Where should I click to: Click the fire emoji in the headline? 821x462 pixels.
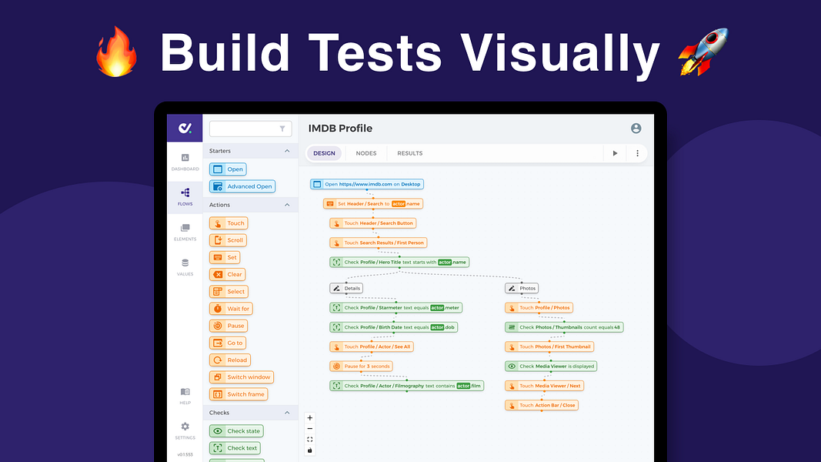pos(117,53)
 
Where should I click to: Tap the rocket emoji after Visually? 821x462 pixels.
pos(702,52)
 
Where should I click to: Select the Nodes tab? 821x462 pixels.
pos(366,153)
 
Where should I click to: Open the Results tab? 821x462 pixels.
pos(409,153)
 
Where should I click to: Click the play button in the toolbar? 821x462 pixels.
pos(615,153)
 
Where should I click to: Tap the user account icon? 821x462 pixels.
pos(636,129)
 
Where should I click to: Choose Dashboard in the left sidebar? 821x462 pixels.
pos(185,162)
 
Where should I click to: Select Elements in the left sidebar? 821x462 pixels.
pos(185,232)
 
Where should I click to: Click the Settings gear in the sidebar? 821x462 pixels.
pos(185,429)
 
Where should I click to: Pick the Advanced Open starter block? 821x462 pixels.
pos(242,186)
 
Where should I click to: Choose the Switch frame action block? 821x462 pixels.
pos(239,394)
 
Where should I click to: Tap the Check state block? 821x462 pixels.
pos(236,431)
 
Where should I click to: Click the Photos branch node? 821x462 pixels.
pos(522,288)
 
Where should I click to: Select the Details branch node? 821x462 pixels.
pos(346,288)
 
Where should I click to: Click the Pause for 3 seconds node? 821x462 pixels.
pos(362,367)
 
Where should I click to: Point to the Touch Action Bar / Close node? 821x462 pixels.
pos(541,405)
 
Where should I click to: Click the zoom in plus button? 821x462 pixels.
pos(310,418)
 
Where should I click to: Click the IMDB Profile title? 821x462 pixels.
pos(340,129)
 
